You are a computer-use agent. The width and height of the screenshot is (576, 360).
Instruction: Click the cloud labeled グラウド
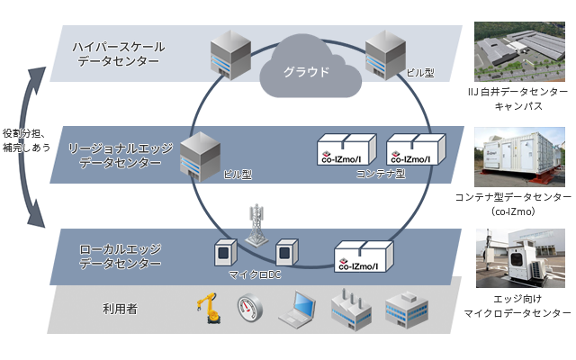point(301,67)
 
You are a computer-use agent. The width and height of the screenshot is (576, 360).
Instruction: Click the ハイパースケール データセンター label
point(118,53)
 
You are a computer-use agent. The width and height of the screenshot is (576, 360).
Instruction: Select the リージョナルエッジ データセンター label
point(119,155)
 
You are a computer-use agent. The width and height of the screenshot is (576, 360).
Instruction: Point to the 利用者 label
point(120,309)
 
